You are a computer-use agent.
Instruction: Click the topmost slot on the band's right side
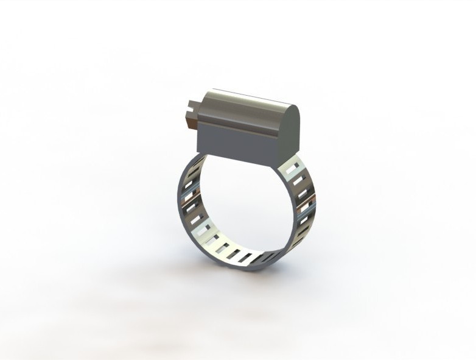point(295,165)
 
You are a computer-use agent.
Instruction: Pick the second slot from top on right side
point(298,180)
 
